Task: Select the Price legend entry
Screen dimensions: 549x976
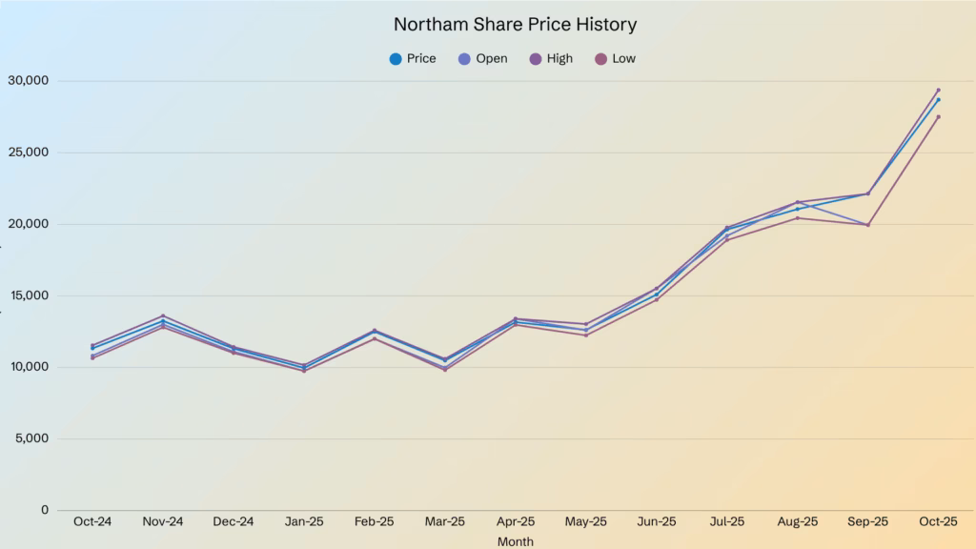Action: pos(412,59)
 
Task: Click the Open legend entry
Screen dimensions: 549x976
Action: pos(482,59)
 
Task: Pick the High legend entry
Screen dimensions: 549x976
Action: pos(551,59)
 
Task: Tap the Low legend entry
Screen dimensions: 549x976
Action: pos(615,59)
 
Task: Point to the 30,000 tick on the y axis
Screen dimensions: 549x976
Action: pos(29,81)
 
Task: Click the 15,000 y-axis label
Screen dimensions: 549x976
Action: pos(29,295)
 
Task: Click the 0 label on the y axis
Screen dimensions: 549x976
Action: pos(45,510)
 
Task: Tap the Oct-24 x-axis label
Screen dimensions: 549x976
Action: pos(92,522)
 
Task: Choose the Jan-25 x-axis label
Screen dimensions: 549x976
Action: pos(304,522)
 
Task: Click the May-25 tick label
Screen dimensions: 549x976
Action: pos(585,522)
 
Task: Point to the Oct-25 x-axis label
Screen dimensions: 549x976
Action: pos(938,522)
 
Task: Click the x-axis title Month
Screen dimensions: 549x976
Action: pos(516,541)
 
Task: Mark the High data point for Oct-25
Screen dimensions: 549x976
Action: pos(938,90)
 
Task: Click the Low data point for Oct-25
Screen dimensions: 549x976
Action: pos(938,117)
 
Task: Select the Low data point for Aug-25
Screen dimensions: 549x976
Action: pos(797,218)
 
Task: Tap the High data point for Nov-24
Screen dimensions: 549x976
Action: pos(163,315)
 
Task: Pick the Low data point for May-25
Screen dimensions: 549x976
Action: pos(585,335)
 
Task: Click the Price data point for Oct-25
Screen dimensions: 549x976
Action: pos(938,99)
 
